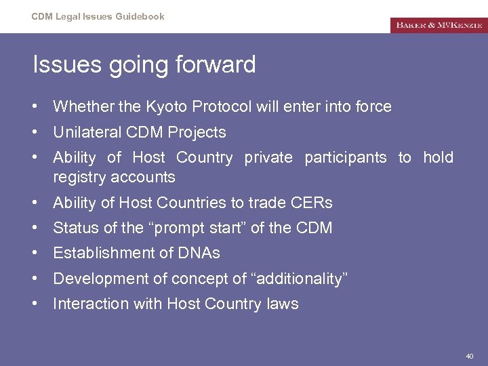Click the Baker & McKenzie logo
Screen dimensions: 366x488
point(438,25)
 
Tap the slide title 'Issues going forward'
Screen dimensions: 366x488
point(144,65)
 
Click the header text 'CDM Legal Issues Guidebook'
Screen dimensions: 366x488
point(98,16)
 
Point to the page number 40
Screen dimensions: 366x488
point(470,356)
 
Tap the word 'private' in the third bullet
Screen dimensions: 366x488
point(268,158)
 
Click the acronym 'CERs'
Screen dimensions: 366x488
point(312,203)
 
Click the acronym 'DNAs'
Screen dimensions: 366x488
point(199,253)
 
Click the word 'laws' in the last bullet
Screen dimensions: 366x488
point(283,304)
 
